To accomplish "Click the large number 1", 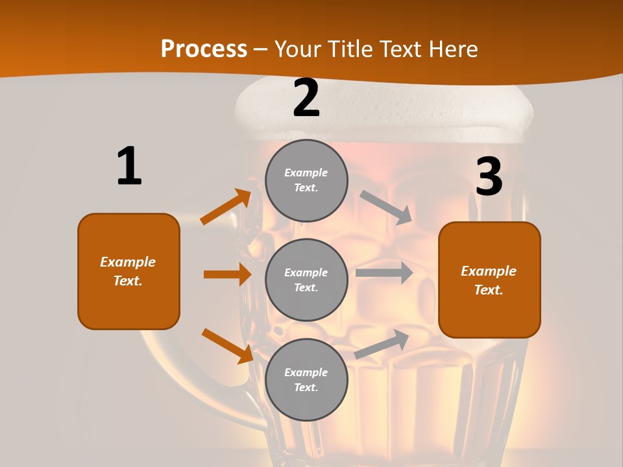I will [x=129, y=166].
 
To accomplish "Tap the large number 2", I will [x=306, y=98].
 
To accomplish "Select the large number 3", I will [x=489, y=177].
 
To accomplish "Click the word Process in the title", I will [x=204, y=49].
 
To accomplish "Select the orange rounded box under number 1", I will [x=128, y=271].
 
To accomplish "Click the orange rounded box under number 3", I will [x=489, y=280].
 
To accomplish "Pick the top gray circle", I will [x=306, y=180].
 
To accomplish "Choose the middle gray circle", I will [x=306, y=280].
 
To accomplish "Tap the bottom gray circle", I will [x=306, y=379].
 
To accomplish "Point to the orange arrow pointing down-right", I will [x=227, y=346].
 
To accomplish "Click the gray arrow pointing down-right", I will [x=386, y=207].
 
